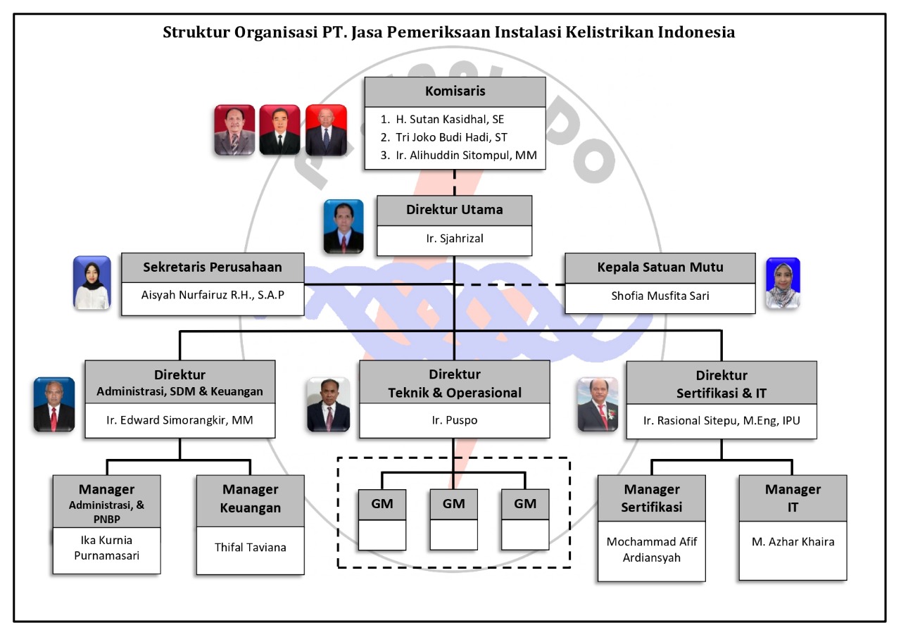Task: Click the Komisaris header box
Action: [x=455, y=92]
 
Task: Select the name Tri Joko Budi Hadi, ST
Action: [x=451, y=138]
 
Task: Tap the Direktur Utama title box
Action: [x=454, y=210]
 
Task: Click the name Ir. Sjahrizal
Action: [x=454, y=239]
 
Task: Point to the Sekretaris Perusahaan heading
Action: [x=213, y=267]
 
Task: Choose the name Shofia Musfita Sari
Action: [x=660, y=296]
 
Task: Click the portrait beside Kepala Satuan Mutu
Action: [x=783, y=283]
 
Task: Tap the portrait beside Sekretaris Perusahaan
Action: [x=92, y=282]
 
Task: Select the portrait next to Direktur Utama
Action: [x=344, y=226]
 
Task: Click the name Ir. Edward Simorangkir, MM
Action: [x=179, y=421]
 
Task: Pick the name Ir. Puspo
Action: [x=454, y=421]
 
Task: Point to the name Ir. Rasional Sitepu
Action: [x=721, y=421]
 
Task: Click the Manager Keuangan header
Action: [x=251, y=498]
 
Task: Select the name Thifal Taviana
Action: [x=251, y=547]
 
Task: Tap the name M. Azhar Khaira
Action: [x=793, y=541]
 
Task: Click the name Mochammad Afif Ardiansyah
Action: [x=651, y=550]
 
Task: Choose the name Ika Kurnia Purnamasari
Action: [x=106, y=548]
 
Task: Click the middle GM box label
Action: [x=454, y=504]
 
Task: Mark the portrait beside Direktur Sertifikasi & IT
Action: [x=598, y=404]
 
